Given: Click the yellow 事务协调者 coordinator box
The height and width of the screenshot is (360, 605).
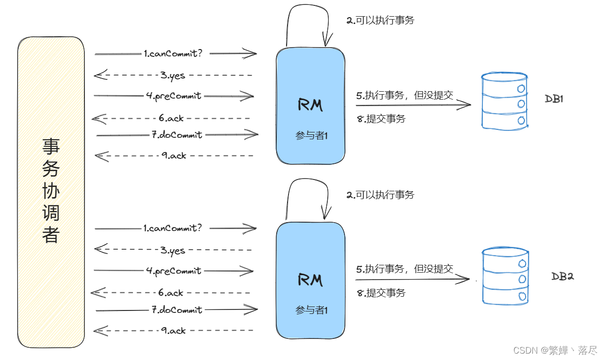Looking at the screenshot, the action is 51,192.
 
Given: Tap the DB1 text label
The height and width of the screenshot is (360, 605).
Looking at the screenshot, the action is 554,99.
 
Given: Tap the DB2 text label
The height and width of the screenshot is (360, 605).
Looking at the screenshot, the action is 562,276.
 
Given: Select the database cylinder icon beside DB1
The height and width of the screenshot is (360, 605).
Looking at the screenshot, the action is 505,101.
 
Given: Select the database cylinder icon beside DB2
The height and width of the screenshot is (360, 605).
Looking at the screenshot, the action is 505,276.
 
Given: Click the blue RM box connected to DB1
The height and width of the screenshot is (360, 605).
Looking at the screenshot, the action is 310,106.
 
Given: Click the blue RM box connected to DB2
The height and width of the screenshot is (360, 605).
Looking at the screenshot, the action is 310,281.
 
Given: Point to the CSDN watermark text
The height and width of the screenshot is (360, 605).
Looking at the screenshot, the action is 555,350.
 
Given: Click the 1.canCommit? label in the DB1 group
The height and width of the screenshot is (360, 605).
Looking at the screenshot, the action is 173,53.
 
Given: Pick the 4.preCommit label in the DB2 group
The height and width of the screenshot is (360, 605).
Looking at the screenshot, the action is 174,271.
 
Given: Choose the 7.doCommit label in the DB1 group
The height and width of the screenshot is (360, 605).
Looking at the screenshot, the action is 177,134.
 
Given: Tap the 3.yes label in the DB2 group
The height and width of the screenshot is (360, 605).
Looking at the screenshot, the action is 173,250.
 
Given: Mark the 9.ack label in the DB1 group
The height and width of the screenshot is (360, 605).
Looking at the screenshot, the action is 174,155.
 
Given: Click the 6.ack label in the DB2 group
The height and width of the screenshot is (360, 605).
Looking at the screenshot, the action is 171,292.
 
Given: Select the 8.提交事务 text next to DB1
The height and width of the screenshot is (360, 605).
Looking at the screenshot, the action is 381,119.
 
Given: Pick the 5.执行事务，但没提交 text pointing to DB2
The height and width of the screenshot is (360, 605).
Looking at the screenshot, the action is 405,269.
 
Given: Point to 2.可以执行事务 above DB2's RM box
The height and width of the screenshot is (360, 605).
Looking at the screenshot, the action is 380,195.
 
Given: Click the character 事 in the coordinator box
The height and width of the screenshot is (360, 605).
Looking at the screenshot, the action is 51,146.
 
